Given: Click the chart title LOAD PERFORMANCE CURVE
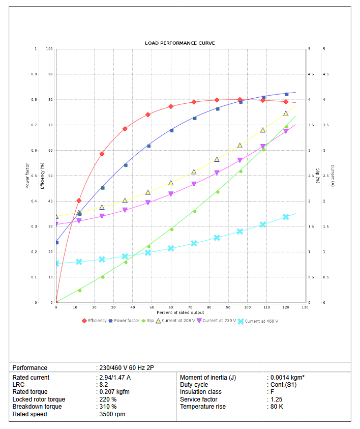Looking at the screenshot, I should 180,43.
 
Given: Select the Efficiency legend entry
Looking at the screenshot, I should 95,321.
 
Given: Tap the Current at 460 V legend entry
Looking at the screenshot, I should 258,321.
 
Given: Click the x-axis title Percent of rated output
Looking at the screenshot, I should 180,312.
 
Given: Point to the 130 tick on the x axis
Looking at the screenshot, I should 305,307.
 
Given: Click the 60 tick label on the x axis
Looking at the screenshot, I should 171,307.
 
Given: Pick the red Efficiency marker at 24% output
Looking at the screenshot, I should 102,154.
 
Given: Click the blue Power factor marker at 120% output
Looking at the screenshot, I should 286,94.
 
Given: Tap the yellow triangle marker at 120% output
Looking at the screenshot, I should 286,113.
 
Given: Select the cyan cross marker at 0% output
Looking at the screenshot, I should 56,264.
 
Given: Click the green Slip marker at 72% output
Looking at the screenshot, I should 194,211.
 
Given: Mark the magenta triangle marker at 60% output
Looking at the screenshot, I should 171,194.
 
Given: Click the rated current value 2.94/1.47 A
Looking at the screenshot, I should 115,378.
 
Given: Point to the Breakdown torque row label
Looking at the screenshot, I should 37,407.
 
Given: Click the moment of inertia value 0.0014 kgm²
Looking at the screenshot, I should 287,378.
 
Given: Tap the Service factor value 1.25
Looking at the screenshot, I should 277,399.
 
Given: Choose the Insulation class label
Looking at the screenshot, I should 200,392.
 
